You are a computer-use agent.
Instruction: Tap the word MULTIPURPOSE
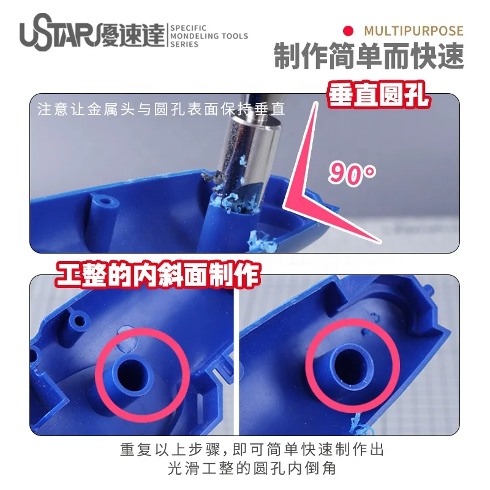point(413,31)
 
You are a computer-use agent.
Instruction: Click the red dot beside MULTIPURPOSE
point(349,31)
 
